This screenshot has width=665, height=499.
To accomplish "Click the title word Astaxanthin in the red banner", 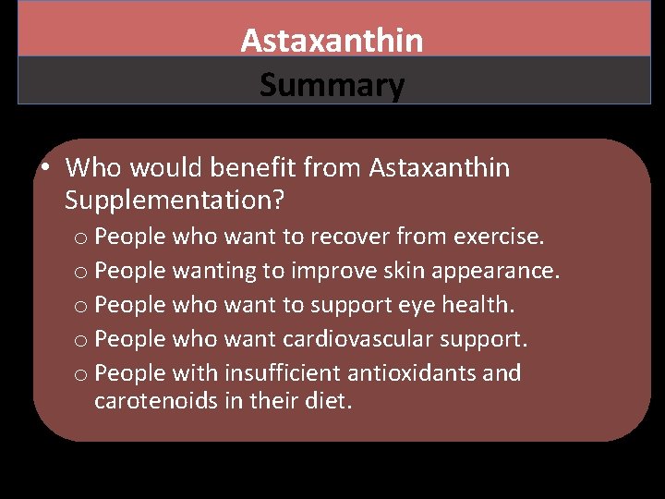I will tap(332, 40).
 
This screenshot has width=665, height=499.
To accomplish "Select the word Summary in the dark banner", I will tap(332, 86).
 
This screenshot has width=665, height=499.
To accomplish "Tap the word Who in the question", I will tap(92, 167).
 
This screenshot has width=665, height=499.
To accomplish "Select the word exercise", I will tap(499, 237).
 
